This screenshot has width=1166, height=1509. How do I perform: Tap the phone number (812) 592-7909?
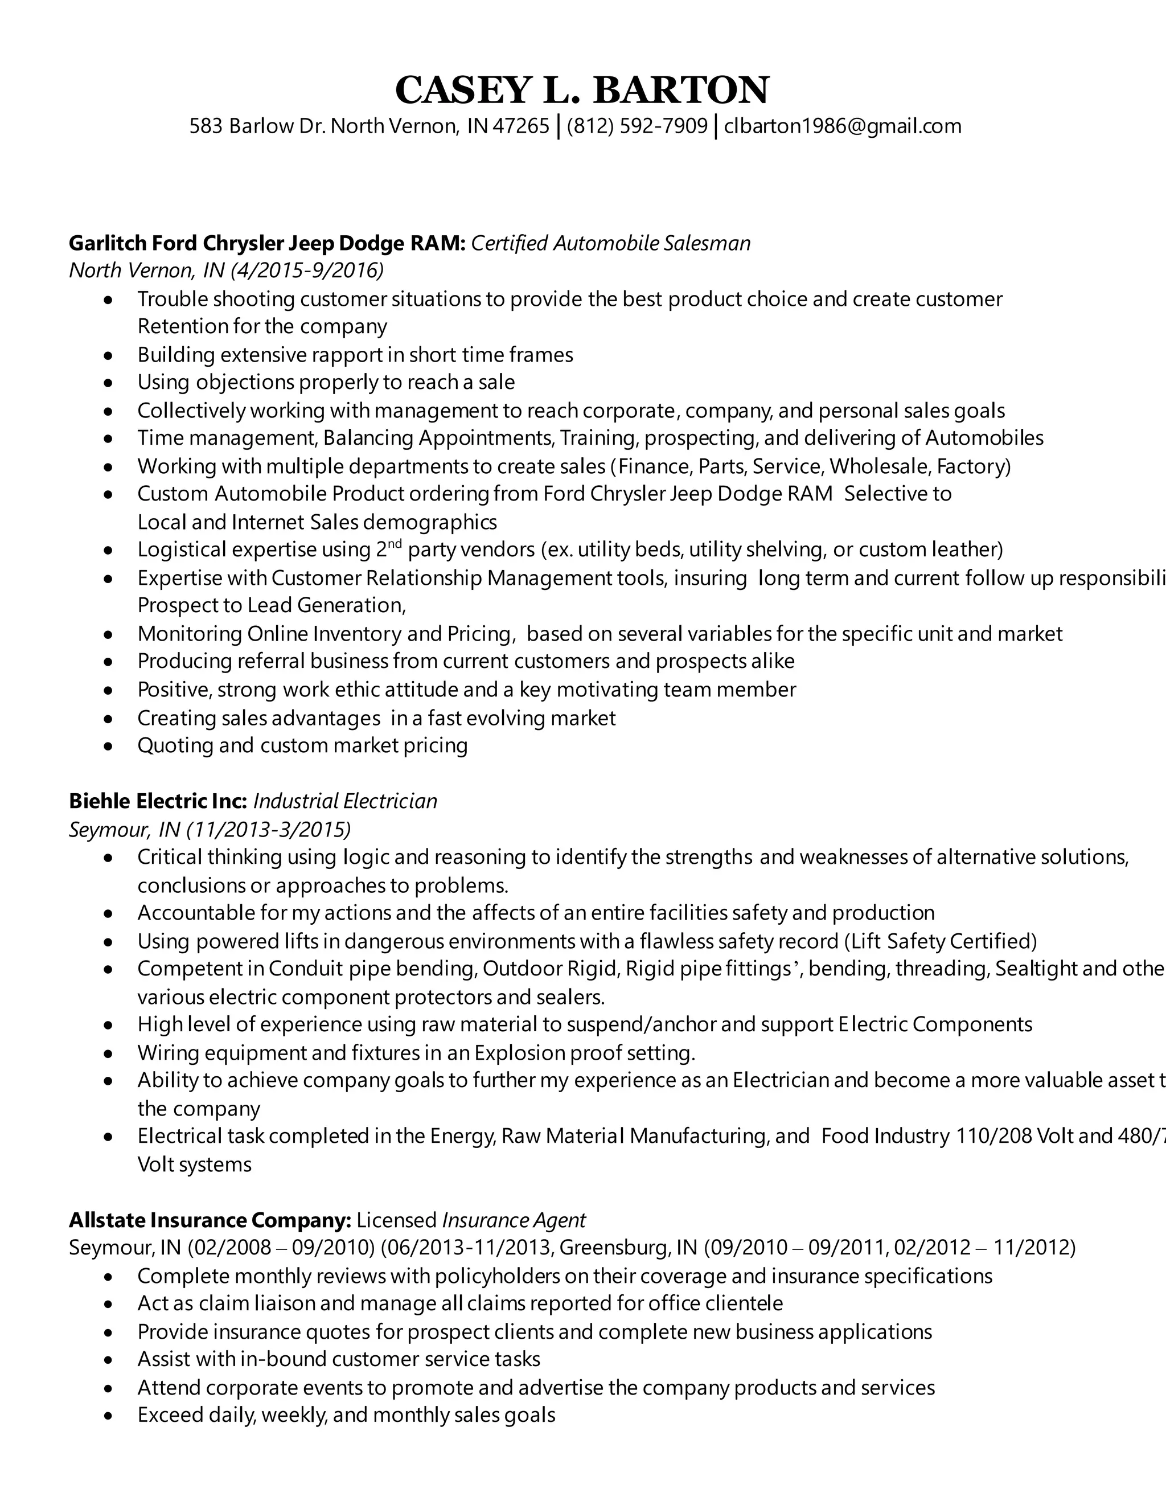point(637,126)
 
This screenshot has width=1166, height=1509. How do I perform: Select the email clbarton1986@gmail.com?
point(843,126)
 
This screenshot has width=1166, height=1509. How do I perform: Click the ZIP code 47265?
point(521,126)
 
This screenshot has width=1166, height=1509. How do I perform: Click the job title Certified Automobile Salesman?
point(611,243)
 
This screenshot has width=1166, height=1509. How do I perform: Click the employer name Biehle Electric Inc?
point(158,801)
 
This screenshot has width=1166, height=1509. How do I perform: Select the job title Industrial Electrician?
point(346,801)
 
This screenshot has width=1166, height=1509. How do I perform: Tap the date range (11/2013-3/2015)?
point(269,829)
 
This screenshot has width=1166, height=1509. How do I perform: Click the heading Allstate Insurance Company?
point(210,1220)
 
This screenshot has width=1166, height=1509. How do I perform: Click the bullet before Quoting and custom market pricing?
point(108,746)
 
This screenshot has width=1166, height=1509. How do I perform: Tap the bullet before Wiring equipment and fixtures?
point(108,1053)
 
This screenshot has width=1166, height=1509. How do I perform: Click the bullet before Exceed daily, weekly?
point(108,1416)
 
